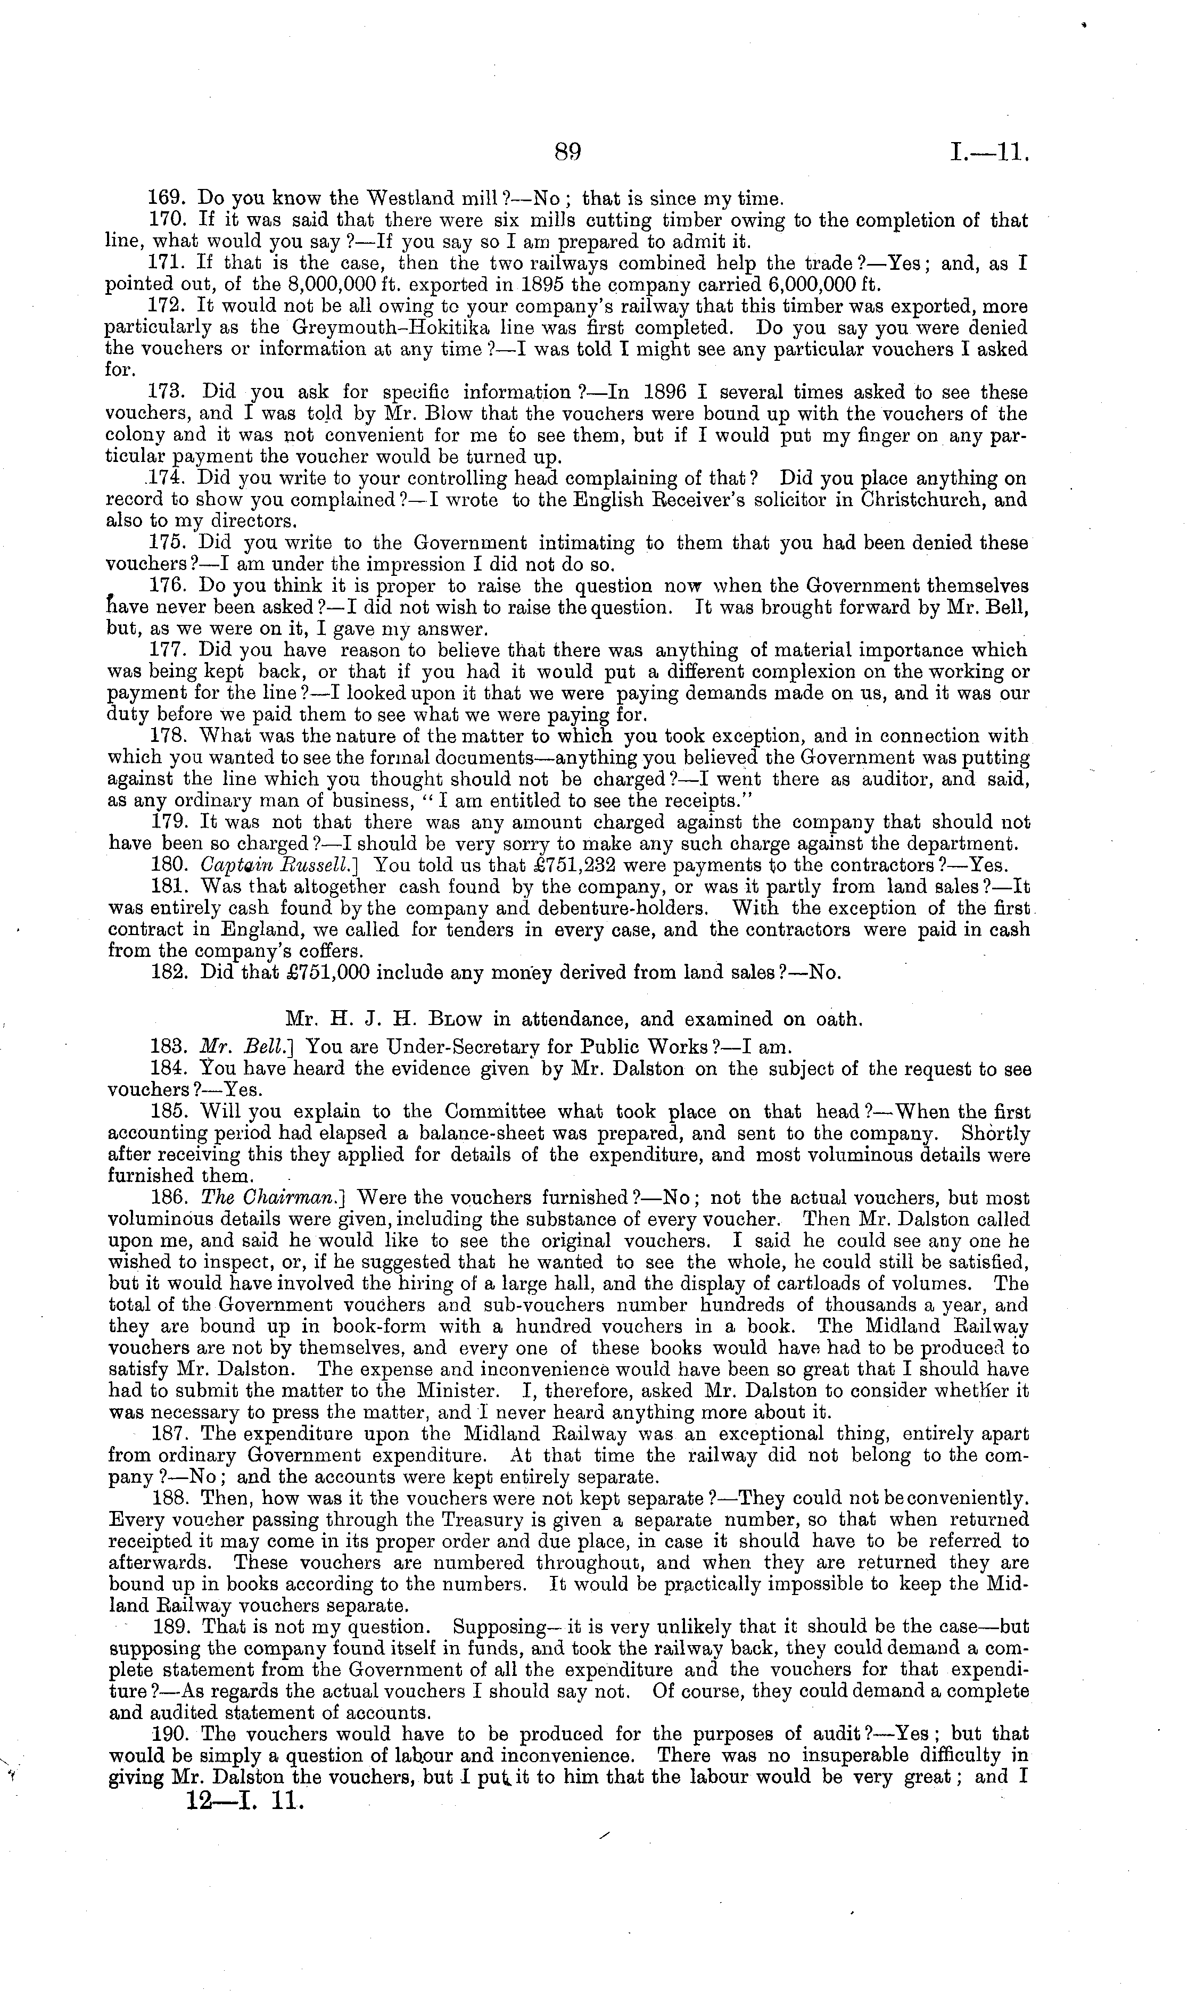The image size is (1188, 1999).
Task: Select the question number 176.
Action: (x=169, y=586)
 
